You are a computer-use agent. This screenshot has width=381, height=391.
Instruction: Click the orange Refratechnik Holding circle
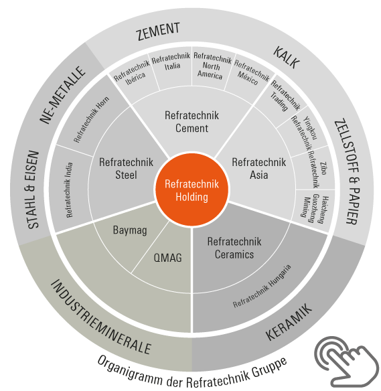(192, 189)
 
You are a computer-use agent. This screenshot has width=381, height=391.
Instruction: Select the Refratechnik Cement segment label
(192, 122)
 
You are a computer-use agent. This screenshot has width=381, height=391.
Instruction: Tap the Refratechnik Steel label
(126, 168)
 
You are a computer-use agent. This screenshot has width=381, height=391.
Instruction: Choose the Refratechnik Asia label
(259, 168)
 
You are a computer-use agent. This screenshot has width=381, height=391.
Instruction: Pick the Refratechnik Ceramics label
(234, 248)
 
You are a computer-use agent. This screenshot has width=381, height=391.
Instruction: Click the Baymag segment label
(130, 230)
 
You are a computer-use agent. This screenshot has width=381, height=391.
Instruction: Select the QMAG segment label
(167, 258)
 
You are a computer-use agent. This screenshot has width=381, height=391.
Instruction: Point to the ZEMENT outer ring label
(158, 31)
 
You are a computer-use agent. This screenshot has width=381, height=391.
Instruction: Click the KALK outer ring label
(287, 58)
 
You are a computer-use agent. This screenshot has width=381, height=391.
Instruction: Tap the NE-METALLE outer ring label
(62, 95)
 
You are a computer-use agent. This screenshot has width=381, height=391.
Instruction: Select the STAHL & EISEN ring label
(33, 189)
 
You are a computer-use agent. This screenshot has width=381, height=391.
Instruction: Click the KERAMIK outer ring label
(289, 321)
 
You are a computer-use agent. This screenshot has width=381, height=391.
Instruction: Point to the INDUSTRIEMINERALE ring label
(100, 317)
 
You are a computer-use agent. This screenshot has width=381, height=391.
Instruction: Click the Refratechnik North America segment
(212, 66)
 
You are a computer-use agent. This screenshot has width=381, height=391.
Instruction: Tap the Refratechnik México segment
(250, 72)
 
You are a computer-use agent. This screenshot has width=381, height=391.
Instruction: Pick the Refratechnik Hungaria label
(262, 286)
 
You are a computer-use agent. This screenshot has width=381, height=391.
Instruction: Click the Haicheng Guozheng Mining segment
(315, 209)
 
